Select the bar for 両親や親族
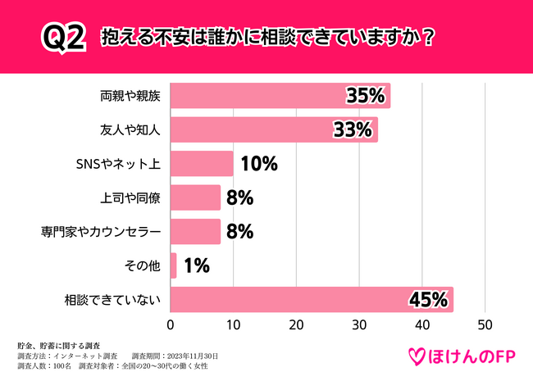click(x=280, y=95)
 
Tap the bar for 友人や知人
click(x=274, y=129)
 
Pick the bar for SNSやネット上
click(x=202, y=163)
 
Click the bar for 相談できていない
click(x=312, y=299)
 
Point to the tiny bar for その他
click(x=173, y=265)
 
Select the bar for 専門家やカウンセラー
click(x=195, y=231)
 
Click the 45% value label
click(x=428, y=300)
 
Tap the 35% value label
click(x=365, y=96)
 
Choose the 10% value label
click(x=258, y=164)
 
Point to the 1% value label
click(x=197, y=265)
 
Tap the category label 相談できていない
click(x=116, y=300)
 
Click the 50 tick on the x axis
click(x=485, y=324)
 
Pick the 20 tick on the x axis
click(x=296, y=324)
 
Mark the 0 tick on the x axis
click(x=171, y=324)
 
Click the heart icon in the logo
click(x=417, y=356)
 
